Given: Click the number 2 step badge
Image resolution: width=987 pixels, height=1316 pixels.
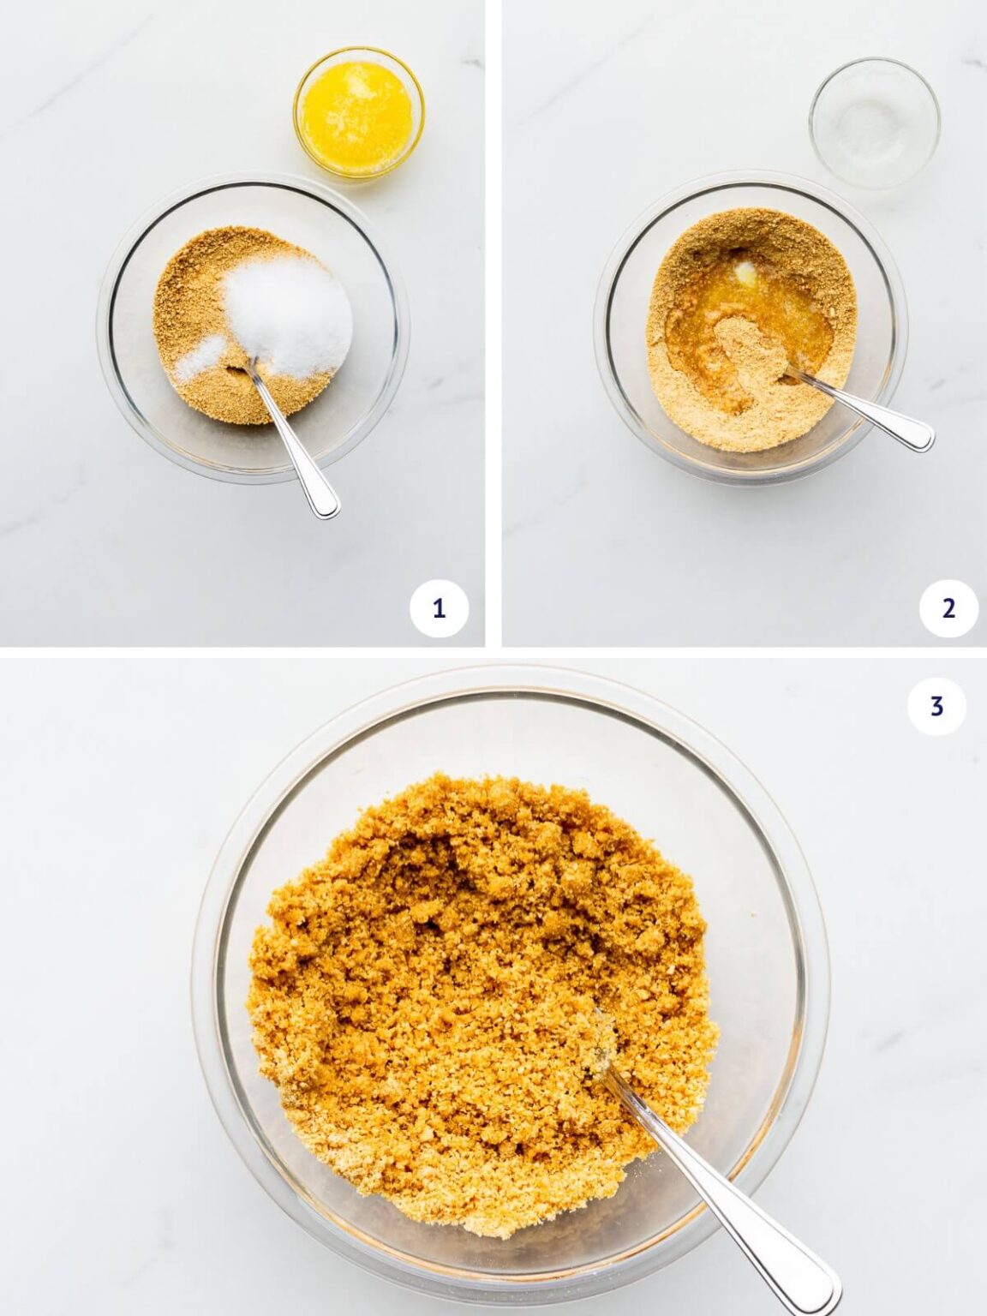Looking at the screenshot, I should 948,608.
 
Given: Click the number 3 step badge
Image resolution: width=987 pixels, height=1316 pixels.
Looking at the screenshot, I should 936,706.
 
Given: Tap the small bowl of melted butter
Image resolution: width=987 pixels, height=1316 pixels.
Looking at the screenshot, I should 358,112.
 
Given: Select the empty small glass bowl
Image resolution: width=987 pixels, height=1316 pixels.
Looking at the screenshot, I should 874,123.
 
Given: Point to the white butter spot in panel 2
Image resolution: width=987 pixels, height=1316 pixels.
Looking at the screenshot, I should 745,272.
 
